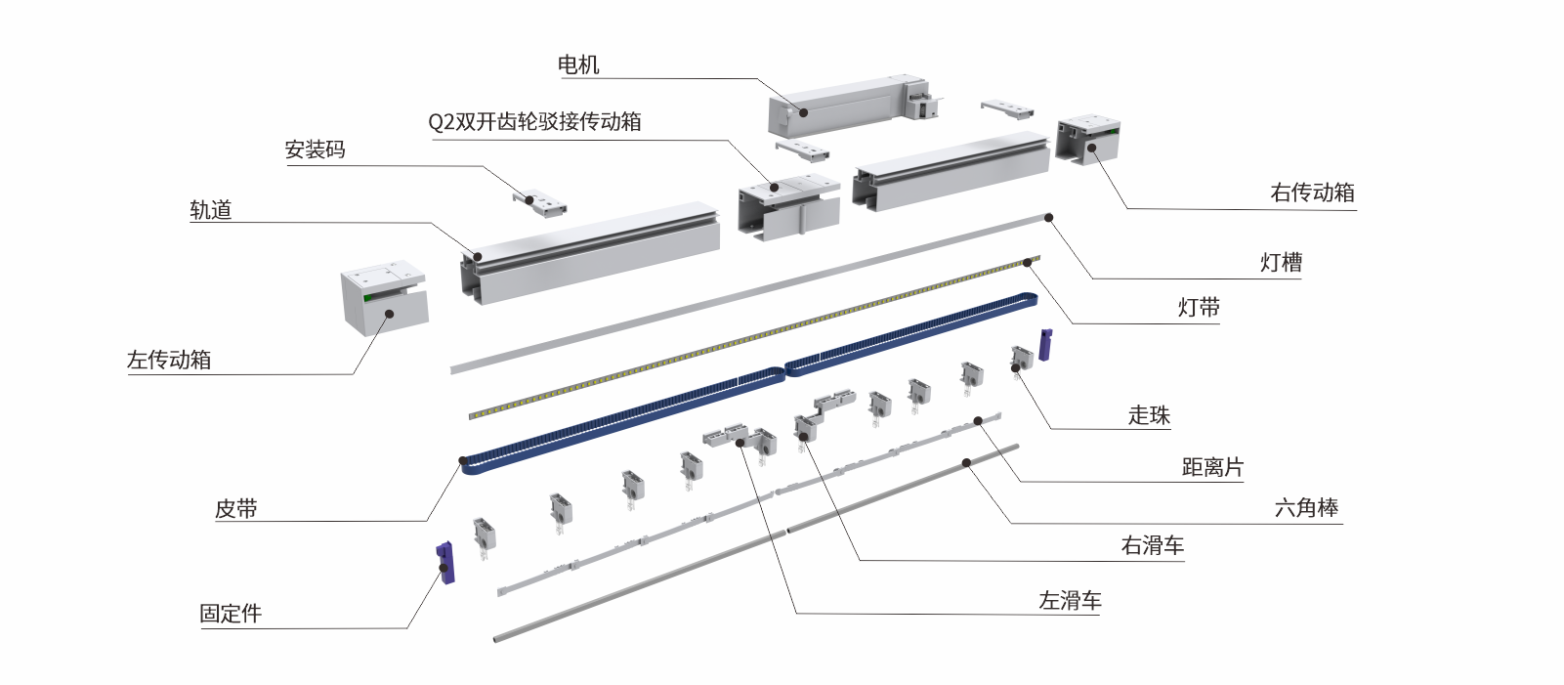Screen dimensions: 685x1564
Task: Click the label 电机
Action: (x=577, y=64)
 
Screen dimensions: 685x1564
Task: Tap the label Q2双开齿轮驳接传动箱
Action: (x=534, y=121)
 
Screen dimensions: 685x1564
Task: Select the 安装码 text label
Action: (x=315, y=150)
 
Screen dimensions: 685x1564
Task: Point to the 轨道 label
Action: (x=210, y=209)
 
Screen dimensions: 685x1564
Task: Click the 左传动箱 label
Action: (x=168, y=359)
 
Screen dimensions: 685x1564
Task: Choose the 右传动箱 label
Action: (x=1312, y=193)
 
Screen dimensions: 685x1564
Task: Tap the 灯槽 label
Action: (x=1281, y=262)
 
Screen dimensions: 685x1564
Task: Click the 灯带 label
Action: (x=1199, y=308)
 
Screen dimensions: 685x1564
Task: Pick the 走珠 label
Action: (x=1149, y=415)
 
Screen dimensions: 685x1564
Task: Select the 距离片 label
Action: (x=1212, y=467)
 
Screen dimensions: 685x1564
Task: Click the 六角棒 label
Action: (x=1306, y=508)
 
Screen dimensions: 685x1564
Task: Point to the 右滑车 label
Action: (x=1153, y=545)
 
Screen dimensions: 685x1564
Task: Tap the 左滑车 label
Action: (x=1070, y=600)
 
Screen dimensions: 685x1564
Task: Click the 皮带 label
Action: (x=236, y=508)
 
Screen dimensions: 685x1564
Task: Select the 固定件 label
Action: (x=231, y=613)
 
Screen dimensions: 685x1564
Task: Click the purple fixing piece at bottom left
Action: (x=445, y=563)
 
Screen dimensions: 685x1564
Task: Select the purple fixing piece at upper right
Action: (x=1045, y=344)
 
